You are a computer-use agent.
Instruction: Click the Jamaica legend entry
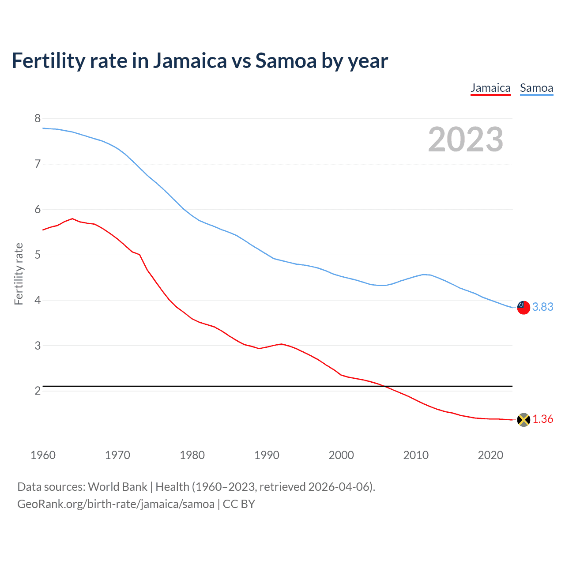pyautogui.click(x=490, y=88)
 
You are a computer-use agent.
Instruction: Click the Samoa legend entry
pyautogui.click(x=536, y=88)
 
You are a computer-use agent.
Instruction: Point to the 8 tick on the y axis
pyautogui.click(x=38, y=118)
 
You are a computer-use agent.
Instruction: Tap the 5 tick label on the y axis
pyautogui.click(x=38, y=255)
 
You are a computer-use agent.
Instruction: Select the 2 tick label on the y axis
pyautogui.click(x=38, y=391)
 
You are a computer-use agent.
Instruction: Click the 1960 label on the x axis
pyautogui.click(x=43, y=455)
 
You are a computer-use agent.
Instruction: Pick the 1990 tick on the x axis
pyautogui.click(x=267, y=455)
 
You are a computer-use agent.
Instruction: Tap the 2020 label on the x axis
pyautogui.click(x=490, y=455)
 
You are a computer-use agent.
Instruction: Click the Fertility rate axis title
pyautogui.click(x=19, y=274)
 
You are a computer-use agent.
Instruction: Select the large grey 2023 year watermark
pyautogui.click(x=465, y=139)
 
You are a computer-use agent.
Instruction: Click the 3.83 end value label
pyautogui.click(x=542, y=307)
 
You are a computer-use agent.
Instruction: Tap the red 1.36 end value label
pyautogui.click(x=542, y=419)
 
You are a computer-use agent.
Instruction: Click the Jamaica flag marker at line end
pyautogui.click(x=524, y=420)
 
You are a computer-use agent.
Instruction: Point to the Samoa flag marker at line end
pyautogui.click(x=524, y=307)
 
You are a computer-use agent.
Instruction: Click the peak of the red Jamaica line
pyautogui.click(x=72, y=218)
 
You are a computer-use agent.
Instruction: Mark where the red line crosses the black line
pyautogui.click(x=385, y=386)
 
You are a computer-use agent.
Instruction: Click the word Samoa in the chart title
pyautogui.click(x=286, y=61)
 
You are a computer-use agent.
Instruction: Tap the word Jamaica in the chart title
pyautogui.click(x=190, y=61)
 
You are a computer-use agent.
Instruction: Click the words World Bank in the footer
pyautogui.click(x=117, y=486)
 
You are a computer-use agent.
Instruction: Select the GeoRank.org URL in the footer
pyautogui.click(x=116, y=504)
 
